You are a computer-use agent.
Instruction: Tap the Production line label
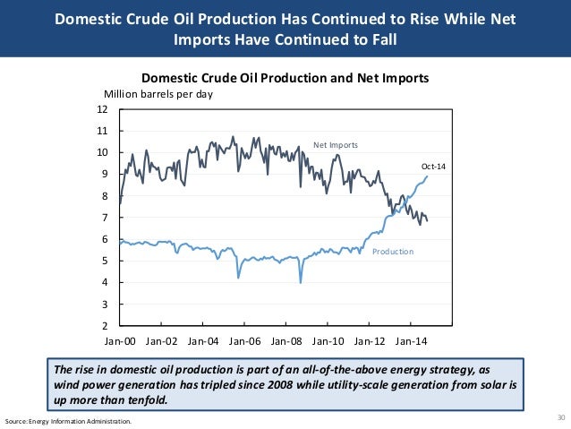(393, 252)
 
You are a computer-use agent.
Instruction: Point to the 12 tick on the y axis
(102, 109)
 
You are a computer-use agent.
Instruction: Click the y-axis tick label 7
(105, 218)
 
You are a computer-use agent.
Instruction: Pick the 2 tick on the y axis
(105, 326)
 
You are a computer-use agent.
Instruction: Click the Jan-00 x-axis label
(120, 341)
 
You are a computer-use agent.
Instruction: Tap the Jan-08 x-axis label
(286, 341)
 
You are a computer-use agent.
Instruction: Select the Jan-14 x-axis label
(411, 341)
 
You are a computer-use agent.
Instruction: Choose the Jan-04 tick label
(203, 341)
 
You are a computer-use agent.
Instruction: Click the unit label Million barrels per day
(158, 93)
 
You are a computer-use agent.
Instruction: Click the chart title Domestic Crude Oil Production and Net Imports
(285, 78)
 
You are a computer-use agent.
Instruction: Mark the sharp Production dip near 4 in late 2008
(300, 282)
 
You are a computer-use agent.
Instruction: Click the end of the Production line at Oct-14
(428, 176)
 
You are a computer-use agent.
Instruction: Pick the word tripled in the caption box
(215, 384)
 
